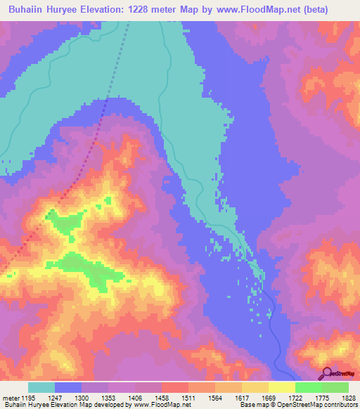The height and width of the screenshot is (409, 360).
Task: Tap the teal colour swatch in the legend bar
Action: pyautogui.click(x=41, y=387)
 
